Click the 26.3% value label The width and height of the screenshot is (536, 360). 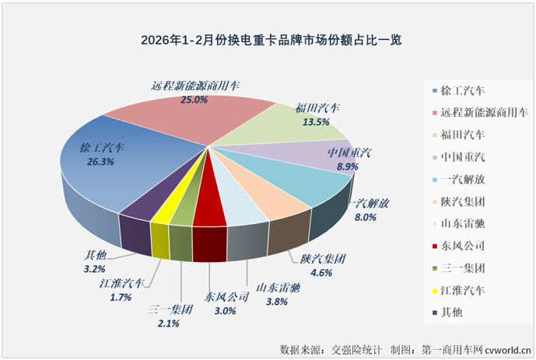pos(102,162)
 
